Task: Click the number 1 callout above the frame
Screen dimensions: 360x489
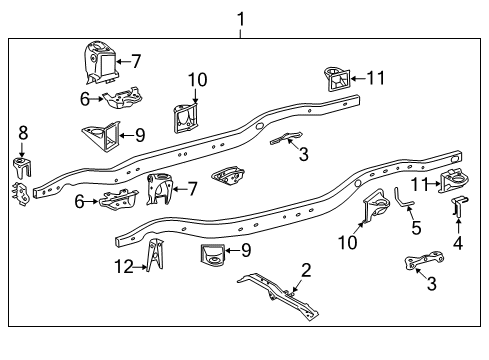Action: coord(240,17)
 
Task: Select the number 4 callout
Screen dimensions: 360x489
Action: coord(459,241)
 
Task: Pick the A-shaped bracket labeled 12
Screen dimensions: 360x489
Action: coord(154,258)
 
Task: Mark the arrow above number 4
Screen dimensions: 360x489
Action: coord(459,226)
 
